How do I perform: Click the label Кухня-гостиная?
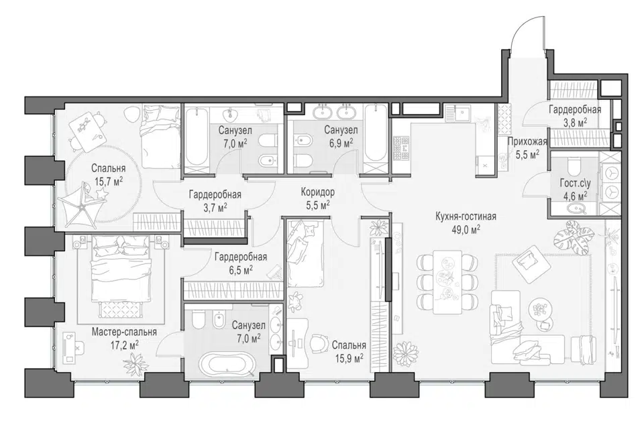pyautogui.click(x=466, y=217)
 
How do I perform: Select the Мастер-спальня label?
pyautogui.click(x=124, y=332)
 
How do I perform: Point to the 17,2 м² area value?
pyautogui.click(x=124, y=345)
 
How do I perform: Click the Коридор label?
pyautogui.click(x=317, y=192)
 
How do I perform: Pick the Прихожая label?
pyautogui.click(x=527, y=141)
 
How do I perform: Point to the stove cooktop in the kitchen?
pyautogui.click(x=401, y=148)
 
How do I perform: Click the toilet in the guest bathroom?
pyautogui.click(x=572, y=166)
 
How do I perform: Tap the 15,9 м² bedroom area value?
pyautogui.click(x=349, y=359)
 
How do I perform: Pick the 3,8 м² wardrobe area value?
pyautogui.click(x=575, y=122)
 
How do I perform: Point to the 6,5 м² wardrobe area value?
pyautogui.click(x=240, y=270)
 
